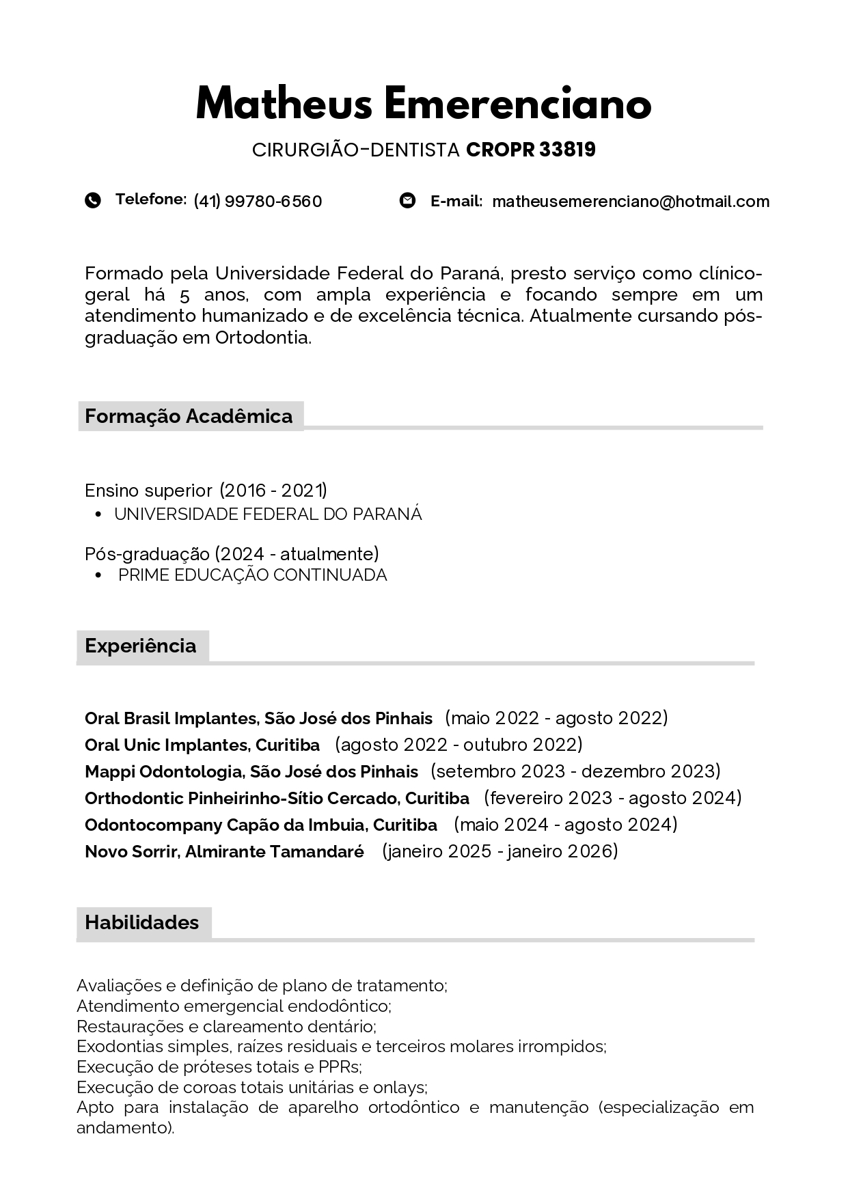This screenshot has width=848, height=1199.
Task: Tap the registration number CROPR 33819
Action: (x=530, y=150)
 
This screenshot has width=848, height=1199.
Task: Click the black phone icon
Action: (x=93, y=200)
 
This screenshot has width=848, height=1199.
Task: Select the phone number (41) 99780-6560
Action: (x=258, y=202)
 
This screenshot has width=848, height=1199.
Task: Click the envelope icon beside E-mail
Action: (x=407, y=200)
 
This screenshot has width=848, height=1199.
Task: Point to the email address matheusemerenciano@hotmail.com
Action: (x=630, y=202)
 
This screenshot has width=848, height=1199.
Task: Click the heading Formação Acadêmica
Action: (x=189, y=416)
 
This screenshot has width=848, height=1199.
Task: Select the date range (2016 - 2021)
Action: (x=273, y=491)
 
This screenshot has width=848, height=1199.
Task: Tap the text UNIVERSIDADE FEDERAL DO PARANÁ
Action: (x=268, y=514)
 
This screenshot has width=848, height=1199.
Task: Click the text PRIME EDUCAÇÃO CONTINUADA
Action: (x=252, y=575)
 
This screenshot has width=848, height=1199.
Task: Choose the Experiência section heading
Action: (x=140, y=646)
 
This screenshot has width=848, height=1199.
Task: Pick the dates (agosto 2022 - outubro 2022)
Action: (x=459, y=745)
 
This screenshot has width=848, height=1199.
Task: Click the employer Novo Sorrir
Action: (x=131, y=852)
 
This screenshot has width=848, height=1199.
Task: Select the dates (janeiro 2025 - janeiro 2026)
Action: (x=500, y=851)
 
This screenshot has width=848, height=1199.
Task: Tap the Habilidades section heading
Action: (x=141, y=922)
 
